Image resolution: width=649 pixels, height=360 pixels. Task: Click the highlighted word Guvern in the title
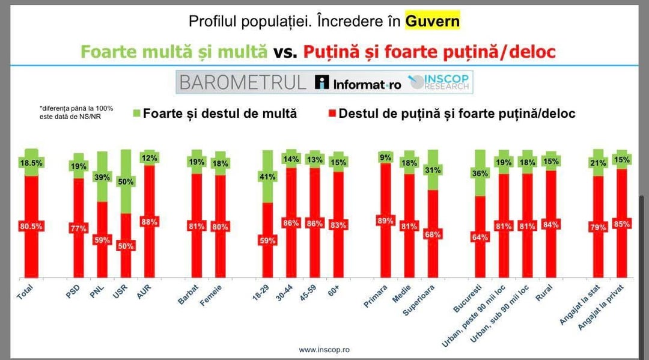coord(432,22)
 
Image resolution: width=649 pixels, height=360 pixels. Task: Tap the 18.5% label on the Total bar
coord(32,162)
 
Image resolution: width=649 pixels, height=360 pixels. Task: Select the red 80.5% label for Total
coord(32,226)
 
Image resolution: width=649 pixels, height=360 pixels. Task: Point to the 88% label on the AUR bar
coord(150,222)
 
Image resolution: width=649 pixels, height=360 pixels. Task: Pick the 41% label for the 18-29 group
coord(267,177)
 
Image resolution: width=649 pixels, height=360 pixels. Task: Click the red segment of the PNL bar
coord(102,239)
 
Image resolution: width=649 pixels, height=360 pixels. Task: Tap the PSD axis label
coord(73,294)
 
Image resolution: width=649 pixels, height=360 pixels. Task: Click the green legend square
coord(136,114)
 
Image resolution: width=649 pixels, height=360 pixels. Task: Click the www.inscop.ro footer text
coord(324,349)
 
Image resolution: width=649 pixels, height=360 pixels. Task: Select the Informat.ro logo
coord(359,83)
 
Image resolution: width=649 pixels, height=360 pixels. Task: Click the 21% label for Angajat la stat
coord(597,163)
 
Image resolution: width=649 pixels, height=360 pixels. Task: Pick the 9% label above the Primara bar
coord(385,158)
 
